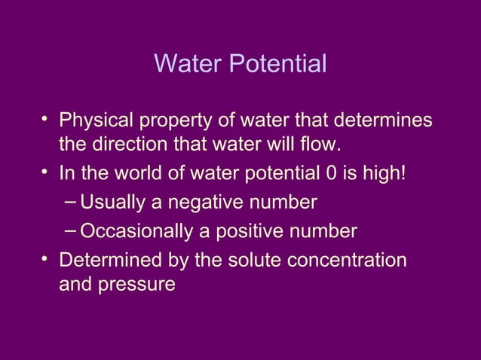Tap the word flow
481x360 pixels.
tap(323, 142)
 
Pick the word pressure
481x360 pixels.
tap(139, 285)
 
